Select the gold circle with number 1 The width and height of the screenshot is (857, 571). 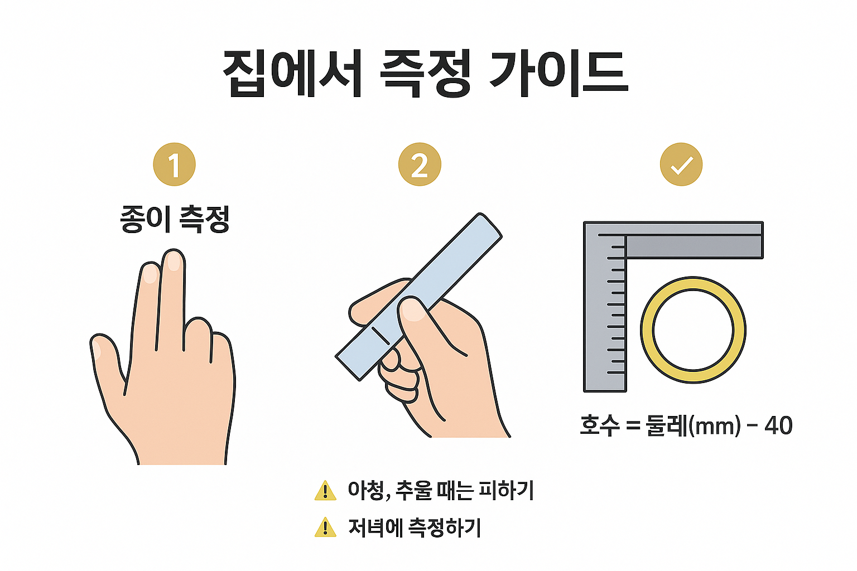(x=175, y=164)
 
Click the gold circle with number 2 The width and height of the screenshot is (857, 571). (x=420, y=164)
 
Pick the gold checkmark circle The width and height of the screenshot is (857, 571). (x=681, y=164)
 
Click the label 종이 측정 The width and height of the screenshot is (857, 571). (x=175, y=219)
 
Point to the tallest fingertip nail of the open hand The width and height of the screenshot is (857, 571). (x=174, y=261)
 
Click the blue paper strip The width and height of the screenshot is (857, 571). (x=418, y=297)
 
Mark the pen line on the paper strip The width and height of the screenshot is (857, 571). (x=381, y=336)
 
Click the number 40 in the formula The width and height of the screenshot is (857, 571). (x=778, y=425)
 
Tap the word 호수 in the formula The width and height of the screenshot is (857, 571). (x=600, y=425)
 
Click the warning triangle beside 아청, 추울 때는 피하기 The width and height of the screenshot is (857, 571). (x=325, y=491)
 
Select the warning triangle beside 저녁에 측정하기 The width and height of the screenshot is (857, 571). (x=325, y=528)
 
